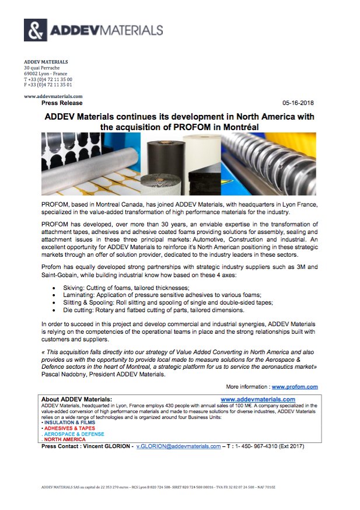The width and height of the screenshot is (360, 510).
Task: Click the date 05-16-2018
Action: pyautogui.click(x=299, y=103)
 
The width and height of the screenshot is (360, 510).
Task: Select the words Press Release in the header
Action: pyautogui.click(x=62, y=103)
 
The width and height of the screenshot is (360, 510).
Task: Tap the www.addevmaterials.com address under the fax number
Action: pyautogui.click(x=53, y=96)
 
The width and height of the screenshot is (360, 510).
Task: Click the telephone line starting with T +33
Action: pyautogui.click(x=48, y=79)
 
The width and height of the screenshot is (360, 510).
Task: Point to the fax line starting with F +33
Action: pyautogui.click(x=48, y=85)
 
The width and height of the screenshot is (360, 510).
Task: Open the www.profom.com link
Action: pyautogui.click(x=295, y=386)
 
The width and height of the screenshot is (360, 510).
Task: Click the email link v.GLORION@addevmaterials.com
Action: pyautogui.click(x=179, y=446)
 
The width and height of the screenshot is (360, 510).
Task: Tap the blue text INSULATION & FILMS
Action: pyautogui.click(x=64, y=422)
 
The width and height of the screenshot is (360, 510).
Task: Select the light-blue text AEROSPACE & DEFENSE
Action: pyautogui.click(x=74, y=434)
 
